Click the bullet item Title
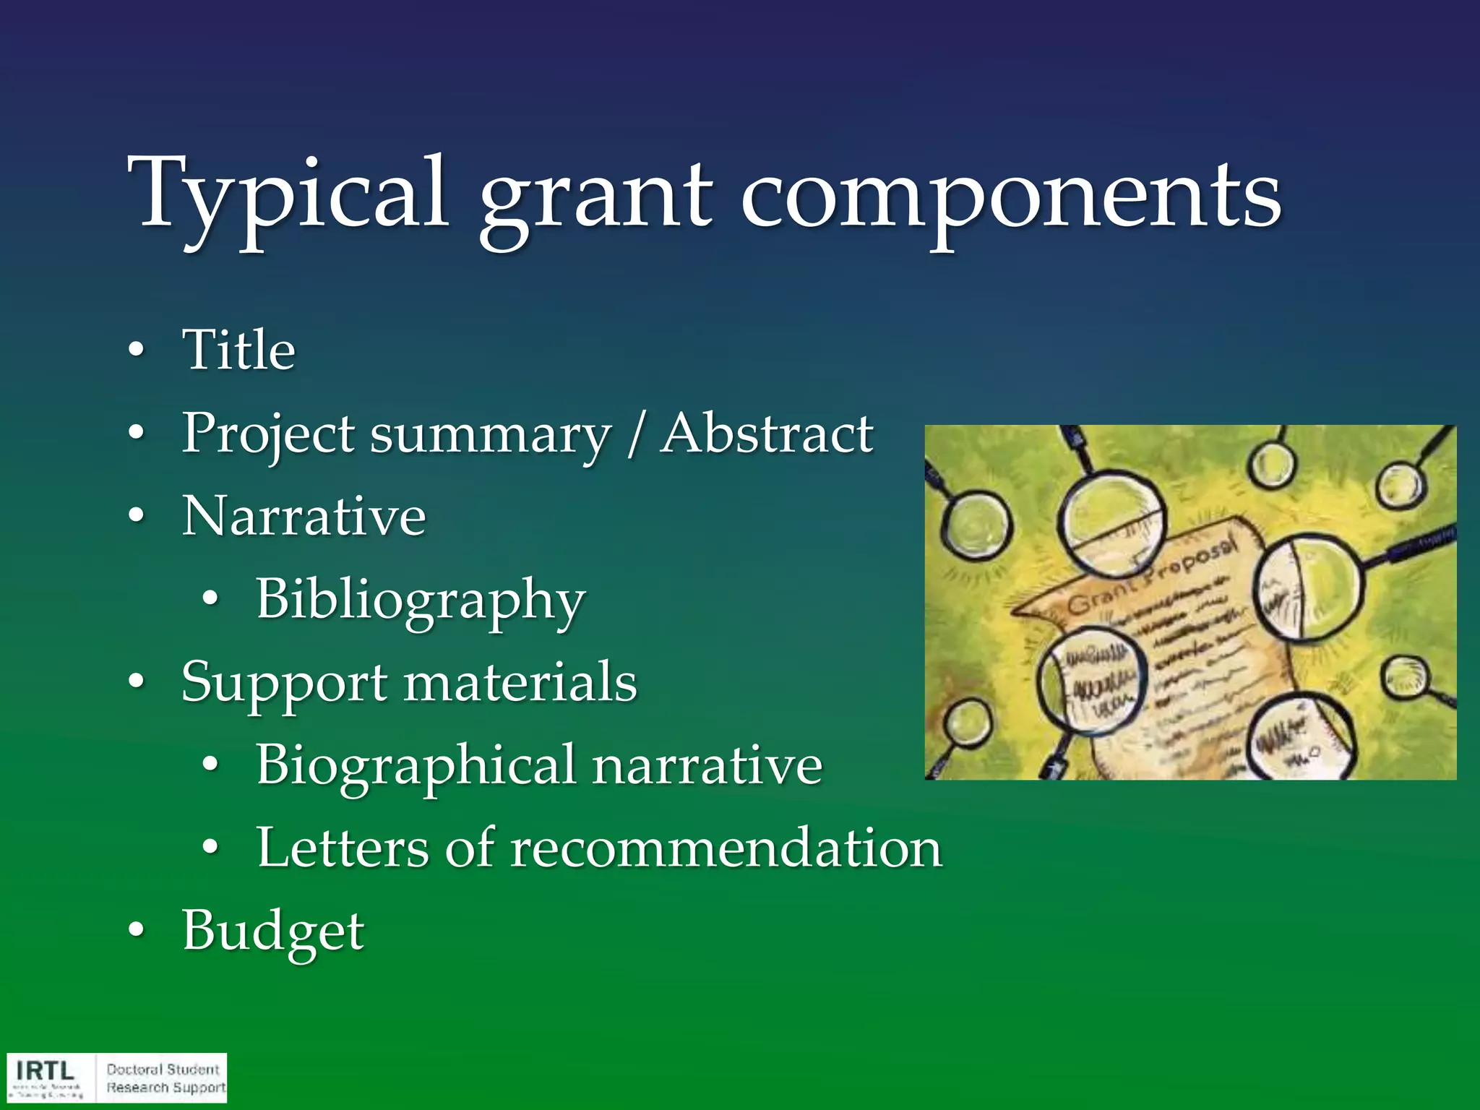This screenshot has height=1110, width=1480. pos(238,350)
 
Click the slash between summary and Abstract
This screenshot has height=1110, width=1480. pos(635,435)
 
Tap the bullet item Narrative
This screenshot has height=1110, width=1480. pos(304,517)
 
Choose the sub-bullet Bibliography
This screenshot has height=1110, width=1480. pos(420,601)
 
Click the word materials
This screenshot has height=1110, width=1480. pos(520,682)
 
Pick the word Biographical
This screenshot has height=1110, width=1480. pos(416,766)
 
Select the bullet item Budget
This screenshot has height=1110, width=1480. pos(273,932)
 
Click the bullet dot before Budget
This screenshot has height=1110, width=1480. pos(136,932)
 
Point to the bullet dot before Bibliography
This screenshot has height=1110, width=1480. pos(210,599)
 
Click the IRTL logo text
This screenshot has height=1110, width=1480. pos(45,1070)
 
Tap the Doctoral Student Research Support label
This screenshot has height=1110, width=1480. pos(165,1078)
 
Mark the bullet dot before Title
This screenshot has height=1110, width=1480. pos(136,351)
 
